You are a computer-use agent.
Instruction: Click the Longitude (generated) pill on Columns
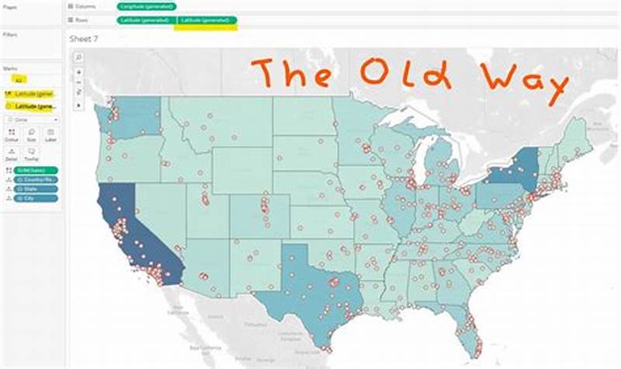(147, 6)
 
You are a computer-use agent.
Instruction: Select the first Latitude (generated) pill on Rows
(145, 20)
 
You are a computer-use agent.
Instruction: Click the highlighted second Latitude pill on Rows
(205, 20)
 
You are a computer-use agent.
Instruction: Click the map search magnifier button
(79, 57)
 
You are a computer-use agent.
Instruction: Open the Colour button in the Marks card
(12, 135)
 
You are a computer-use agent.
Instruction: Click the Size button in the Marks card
(31, 135)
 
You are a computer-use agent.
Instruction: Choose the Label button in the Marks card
(50, 135)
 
